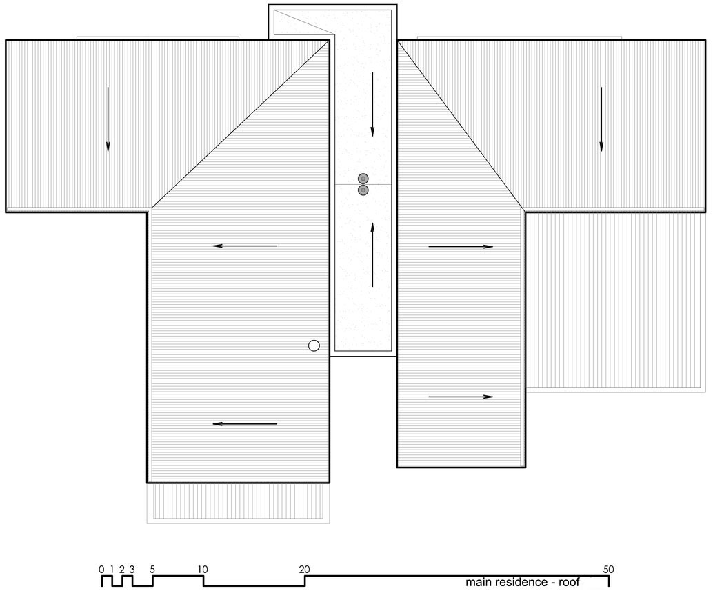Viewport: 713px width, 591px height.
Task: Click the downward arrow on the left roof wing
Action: point(108,119)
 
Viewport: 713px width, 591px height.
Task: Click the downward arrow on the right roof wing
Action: point(601,119)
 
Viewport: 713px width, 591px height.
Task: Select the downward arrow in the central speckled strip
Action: point(372,104)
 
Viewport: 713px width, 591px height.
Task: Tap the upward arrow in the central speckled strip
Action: point(372,255)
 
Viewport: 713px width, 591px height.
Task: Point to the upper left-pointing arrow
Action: point(245,246)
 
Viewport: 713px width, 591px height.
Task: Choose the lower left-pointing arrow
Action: point(245,424)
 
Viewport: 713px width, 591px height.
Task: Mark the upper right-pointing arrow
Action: point(461,247)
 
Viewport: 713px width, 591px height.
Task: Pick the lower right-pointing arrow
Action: point(461,397)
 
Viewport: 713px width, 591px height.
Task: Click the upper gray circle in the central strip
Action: point(363,178)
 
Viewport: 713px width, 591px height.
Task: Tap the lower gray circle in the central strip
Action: point(363,190)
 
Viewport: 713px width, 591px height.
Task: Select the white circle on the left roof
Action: point(314,346)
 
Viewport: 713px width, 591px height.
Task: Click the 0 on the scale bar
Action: point(101,569)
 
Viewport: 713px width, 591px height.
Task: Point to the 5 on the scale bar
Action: point(152,569)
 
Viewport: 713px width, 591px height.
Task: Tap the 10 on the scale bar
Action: point(203,569)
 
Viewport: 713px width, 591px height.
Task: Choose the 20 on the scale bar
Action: point(304,569)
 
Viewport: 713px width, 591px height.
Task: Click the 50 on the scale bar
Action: point(608,569)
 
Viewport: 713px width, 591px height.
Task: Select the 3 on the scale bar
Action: point(132,569)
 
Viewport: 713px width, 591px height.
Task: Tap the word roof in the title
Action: point(570,582)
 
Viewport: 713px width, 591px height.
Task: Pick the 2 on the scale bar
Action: point(122,569)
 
